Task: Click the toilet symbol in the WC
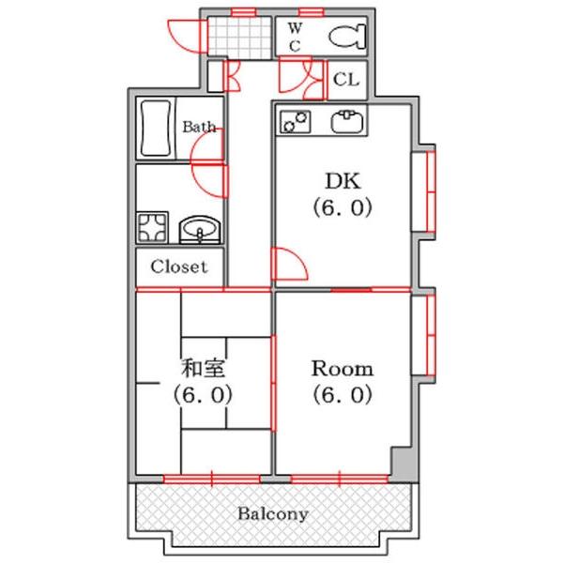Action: (347, 37)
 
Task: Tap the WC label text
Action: (296, 37)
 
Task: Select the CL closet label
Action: (346, 79)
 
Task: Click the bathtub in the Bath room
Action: (156, 129)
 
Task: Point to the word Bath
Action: (199, 127)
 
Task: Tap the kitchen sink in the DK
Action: (347, 121)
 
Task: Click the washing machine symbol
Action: (152, 227)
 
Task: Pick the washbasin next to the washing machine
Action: (200, 230)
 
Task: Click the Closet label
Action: (179, 266)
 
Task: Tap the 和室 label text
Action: (204, 369)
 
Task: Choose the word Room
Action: (342, 369)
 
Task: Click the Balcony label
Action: (273, 514)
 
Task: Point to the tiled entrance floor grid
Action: (239, 38)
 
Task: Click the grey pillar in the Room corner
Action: (401, 464)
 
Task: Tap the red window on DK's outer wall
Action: (431, 191)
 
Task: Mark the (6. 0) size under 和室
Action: (204, 395)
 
